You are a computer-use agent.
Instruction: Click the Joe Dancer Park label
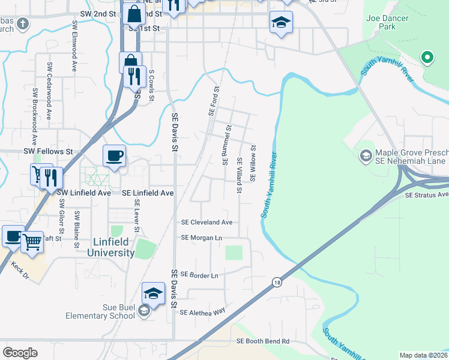(387, 22)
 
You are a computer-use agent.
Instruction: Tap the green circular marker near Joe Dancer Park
(427, 58)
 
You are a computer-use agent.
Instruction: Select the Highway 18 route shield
(277, 281)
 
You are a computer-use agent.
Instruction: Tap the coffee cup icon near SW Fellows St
(114, 157)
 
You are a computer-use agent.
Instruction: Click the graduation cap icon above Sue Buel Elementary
(153, 294)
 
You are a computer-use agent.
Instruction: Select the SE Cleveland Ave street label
(206, 222)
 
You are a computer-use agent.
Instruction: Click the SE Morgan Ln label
(202, 238)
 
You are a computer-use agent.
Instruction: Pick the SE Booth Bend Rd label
(263, 341)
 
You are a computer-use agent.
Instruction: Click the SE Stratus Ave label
(426, 195)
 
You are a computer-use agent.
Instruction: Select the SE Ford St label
(212, 100)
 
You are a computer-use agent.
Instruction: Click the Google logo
(20, 353)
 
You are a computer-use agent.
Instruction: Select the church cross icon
(23, 25)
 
